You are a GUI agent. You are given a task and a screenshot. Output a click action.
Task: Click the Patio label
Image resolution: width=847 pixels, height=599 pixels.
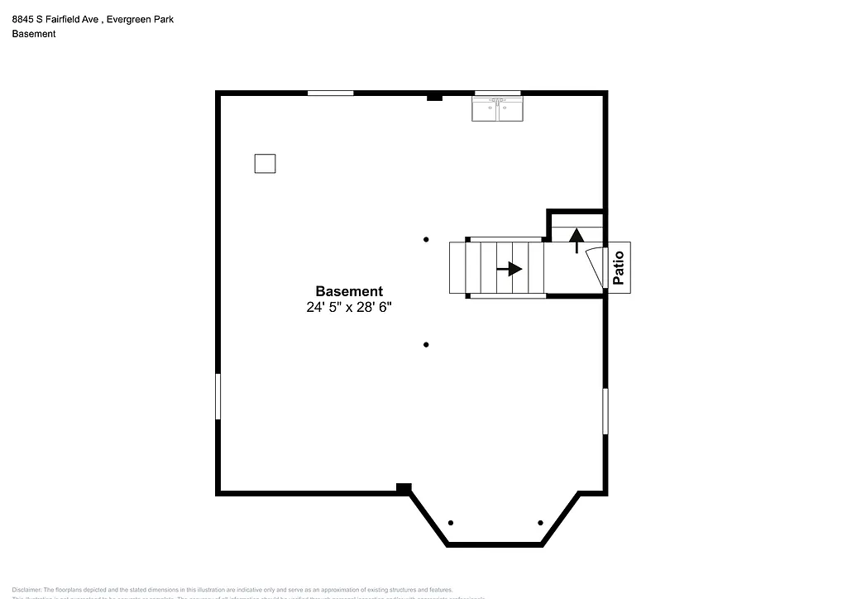point(619,266)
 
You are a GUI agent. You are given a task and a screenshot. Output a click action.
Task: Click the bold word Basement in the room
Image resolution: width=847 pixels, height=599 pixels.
point(349,291)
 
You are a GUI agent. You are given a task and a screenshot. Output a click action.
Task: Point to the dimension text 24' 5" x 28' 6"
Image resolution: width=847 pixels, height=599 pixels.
point(349,307)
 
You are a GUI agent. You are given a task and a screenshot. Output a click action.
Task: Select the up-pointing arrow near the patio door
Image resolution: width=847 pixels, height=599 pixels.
point(577,239)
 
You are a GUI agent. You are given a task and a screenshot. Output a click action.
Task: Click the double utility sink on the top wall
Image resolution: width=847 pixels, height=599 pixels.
point(497,109)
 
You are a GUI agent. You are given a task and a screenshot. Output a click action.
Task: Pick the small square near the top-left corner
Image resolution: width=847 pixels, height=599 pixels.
point(265,163)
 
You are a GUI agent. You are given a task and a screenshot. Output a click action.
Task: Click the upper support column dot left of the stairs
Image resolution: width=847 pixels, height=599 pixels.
point(426,240)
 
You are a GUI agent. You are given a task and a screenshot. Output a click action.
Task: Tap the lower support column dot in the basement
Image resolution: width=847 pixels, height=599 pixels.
point(426,344)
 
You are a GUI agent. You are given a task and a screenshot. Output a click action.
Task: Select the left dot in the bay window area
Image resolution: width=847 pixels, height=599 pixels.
point(451,523)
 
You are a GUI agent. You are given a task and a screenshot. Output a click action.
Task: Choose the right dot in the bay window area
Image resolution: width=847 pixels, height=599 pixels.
point(540,523)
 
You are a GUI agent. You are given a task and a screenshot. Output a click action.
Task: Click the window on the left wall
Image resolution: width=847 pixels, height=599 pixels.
point(218,396)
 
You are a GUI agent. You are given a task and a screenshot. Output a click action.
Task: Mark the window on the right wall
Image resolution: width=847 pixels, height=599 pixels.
point(605,411)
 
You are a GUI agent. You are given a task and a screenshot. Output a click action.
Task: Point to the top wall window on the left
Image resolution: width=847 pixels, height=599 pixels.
point(331,93)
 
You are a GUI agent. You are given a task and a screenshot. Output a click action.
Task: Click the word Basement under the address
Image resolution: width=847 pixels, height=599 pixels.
point(34,34)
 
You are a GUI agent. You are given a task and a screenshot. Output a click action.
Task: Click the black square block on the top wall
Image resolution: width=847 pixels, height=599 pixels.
point(434,98)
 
